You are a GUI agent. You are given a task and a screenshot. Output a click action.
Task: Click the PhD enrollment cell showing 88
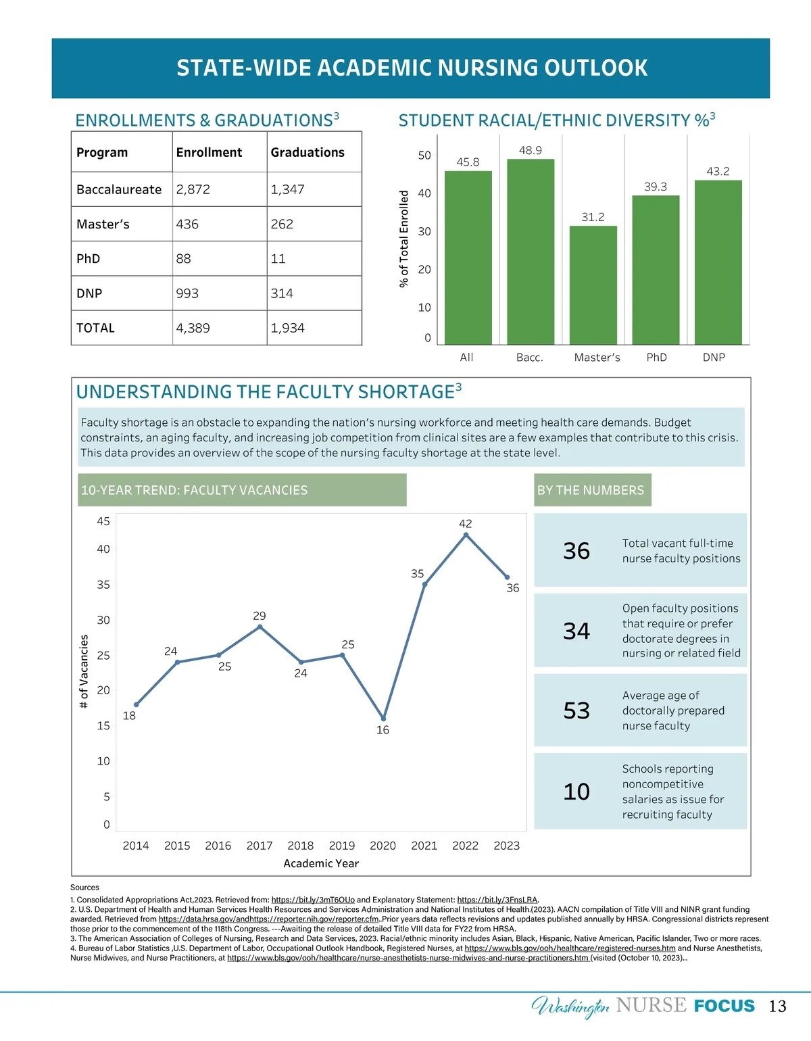(x=184, y=259)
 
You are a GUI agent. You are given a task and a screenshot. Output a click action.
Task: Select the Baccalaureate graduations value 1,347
(x=287, y=190)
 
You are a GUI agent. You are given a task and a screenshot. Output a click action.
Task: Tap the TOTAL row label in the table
(x=95, y=329)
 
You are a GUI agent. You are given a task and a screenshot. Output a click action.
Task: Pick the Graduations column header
(x=308, y=153)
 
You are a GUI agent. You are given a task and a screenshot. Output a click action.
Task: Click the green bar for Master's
(x=593, y=285)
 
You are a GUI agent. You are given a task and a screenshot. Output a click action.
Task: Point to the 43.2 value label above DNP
(x=718, y=172)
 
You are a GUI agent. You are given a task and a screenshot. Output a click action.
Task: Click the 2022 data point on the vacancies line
(x=466, y=535)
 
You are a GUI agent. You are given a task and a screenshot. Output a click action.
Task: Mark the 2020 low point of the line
(x=383, y=719)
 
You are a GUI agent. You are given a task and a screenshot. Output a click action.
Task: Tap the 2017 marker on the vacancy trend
(x=260, y=627)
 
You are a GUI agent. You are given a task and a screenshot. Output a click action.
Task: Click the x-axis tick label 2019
(x=342, y=846)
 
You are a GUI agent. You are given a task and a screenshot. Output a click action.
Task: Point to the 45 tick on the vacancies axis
(x=103, y=521)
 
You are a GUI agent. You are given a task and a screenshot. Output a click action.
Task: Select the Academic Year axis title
(x=321, y=864)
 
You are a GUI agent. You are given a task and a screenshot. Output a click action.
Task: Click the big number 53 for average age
(x=576, y=711)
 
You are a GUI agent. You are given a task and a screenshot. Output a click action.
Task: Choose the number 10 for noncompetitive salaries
(x=576, y=792)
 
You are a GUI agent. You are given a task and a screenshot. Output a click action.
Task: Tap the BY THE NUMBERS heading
(x=591, y=491)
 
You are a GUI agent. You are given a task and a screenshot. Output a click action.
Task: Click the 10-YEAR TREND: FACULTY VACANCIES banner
(x=241, y=490)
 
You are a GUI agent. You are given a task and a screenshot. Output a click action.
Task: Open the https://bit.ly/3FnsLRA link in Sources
(x=497, y=900)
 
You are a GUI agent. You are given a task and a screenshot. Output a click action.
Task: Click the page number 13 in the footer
(x=778, y=1007)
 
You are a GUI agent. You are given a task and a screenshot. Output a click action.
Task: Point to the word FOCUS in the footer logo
(x=724, y=1007)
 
